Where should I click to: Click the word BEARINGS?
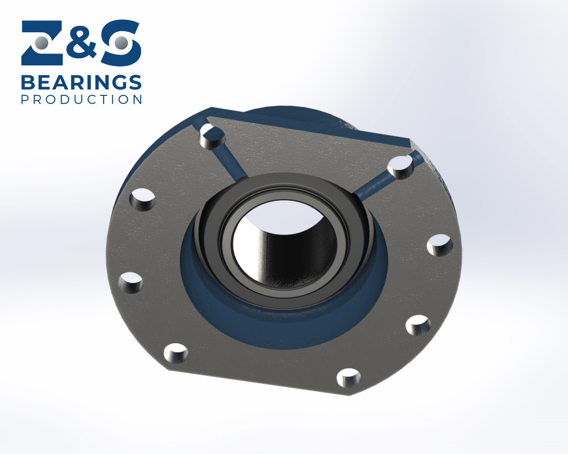pyautogui.click(x=81, y=83)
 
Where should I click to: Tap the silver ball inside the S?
pyautogui.click(x=121, y=43)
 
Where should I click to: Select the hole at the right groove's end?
pyautogui.click(x=401, y=167)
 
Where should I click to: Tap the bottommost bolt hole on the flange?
pyautogui.click(x=349, y=378)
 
